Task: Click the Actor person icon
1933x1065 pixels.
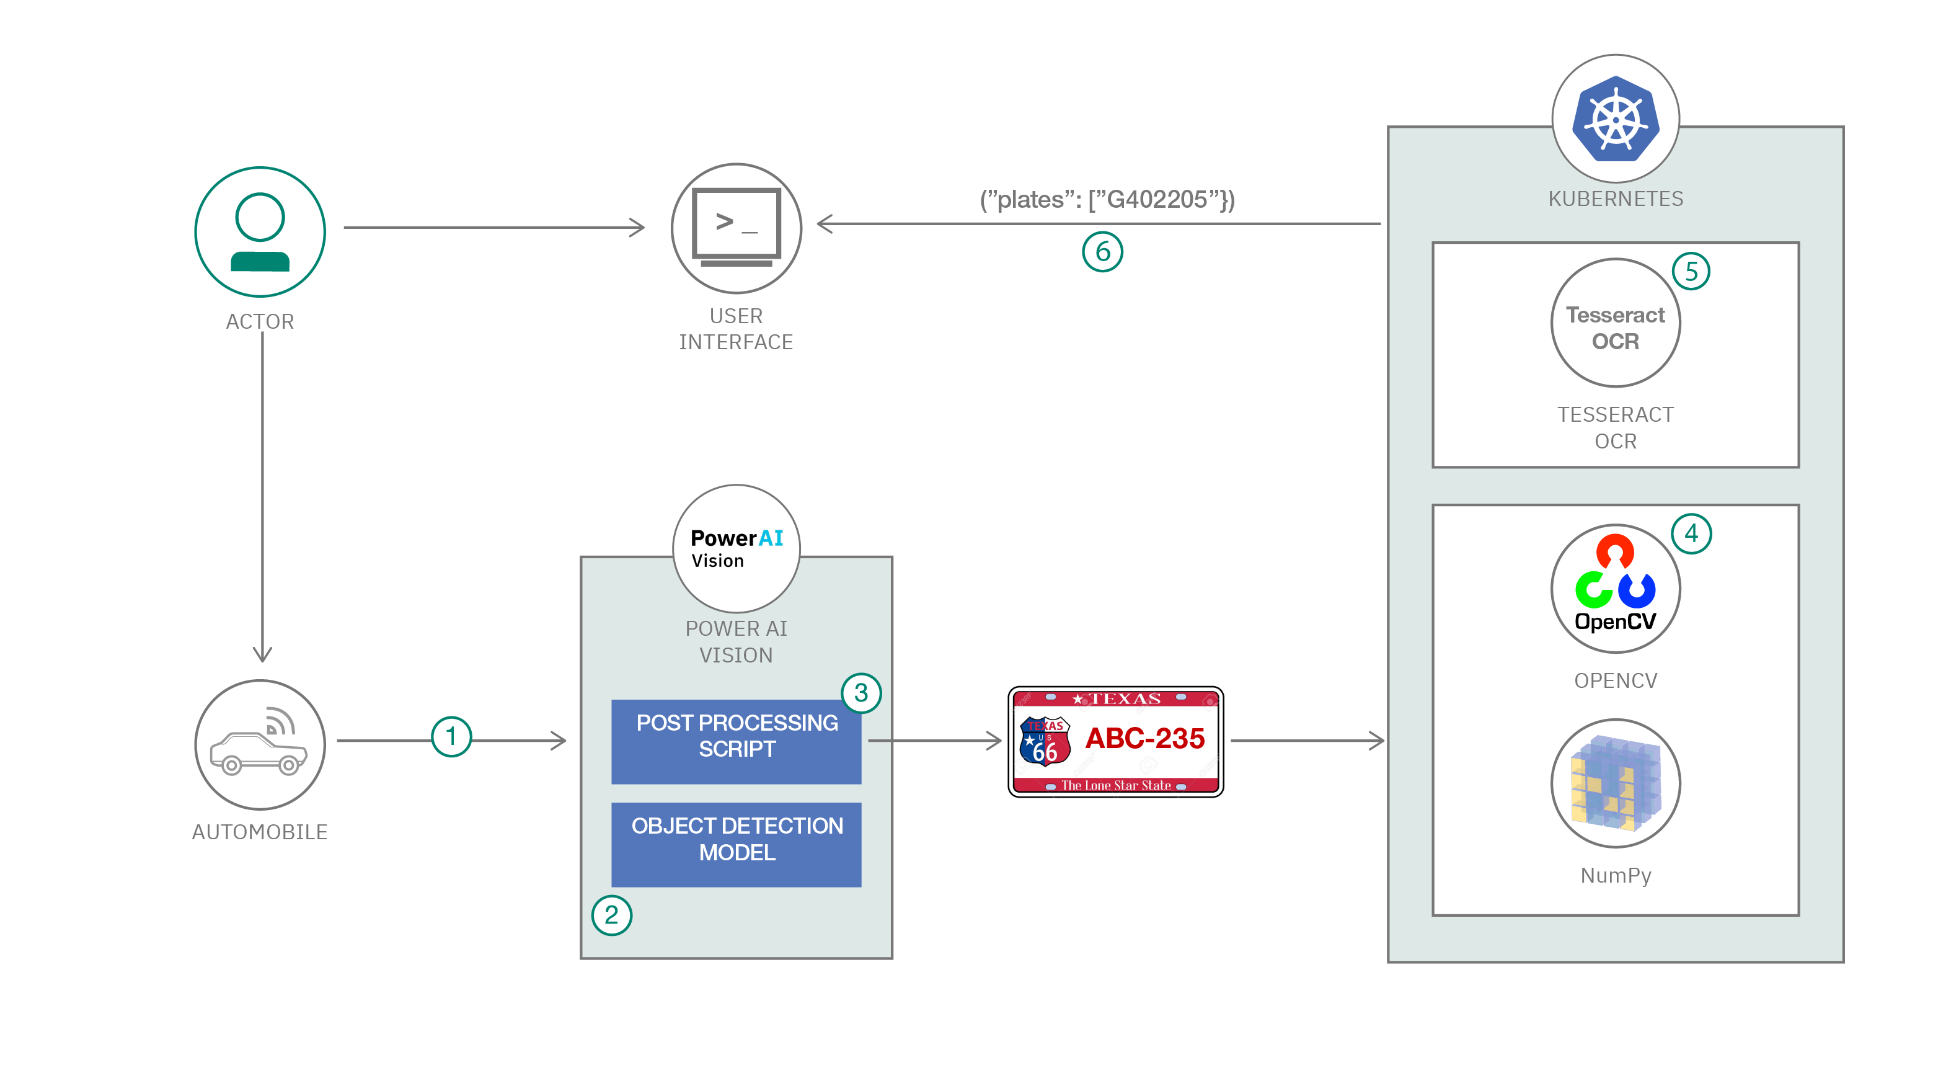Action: (x=260, y=232)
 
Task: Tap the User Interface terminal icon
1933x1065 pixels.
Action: (x=736, y=228)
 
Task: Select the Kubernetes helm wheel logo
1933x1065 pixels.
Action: (x=1616, y=118)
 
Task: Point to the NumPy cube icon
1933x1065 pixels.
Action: (x=1616, y=783)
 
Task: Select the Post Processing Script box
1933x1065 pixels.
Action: (x=736, y=741)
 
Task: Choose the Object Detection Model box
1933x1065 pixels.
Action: (x=736, y=844)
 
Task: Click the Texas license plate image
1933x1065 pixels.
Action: (x=1116, y=741)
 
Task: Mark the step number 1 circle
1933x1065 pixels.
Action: (x=451, y=736)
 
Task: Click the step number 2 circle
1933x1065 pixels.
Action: (x=611, y=915)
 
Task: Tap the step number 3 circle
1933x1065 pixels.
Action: (x=860, y=693)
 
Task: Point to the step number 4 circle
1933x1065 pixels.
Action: (x=1691, y=533)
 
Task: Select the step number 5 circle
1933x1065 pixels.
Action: (x=1691, y=271)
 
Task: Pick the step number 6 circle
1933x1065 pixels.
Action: (x=1102, y=252)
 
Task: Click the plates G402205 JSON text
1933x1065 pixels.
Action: (x=1107, y=200)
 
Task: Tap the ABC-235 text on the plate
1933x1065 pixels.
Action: (x=1144, y=739)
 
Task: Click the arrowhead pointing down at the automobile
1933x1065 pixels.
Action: (x=262, y=654)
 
